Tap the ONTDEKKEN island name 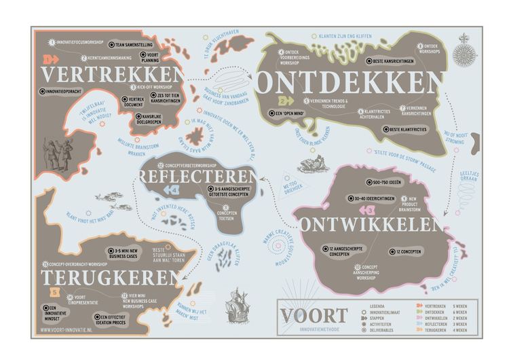(350, 82)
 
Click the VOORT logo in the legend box (314, 314)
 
